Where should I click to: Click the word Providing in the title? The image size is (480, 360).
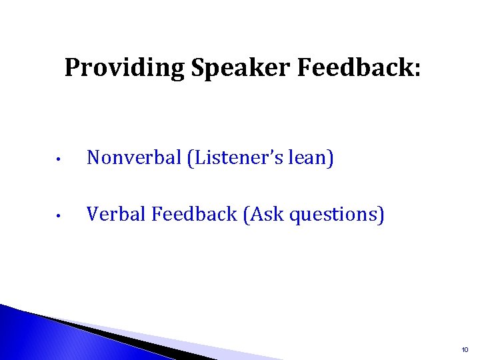(125, 69)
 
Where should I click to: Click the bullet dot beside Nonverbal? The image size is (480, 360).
(59, 160)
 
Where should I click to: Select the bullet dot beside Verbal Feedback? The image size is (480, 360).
(59, 216)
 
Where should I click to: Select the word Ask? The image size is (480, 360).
(265, 214)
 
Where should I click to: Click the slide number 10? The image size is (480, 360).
(464, 349)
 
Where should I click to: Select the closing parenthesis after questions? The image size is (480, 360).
(381, 215)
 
